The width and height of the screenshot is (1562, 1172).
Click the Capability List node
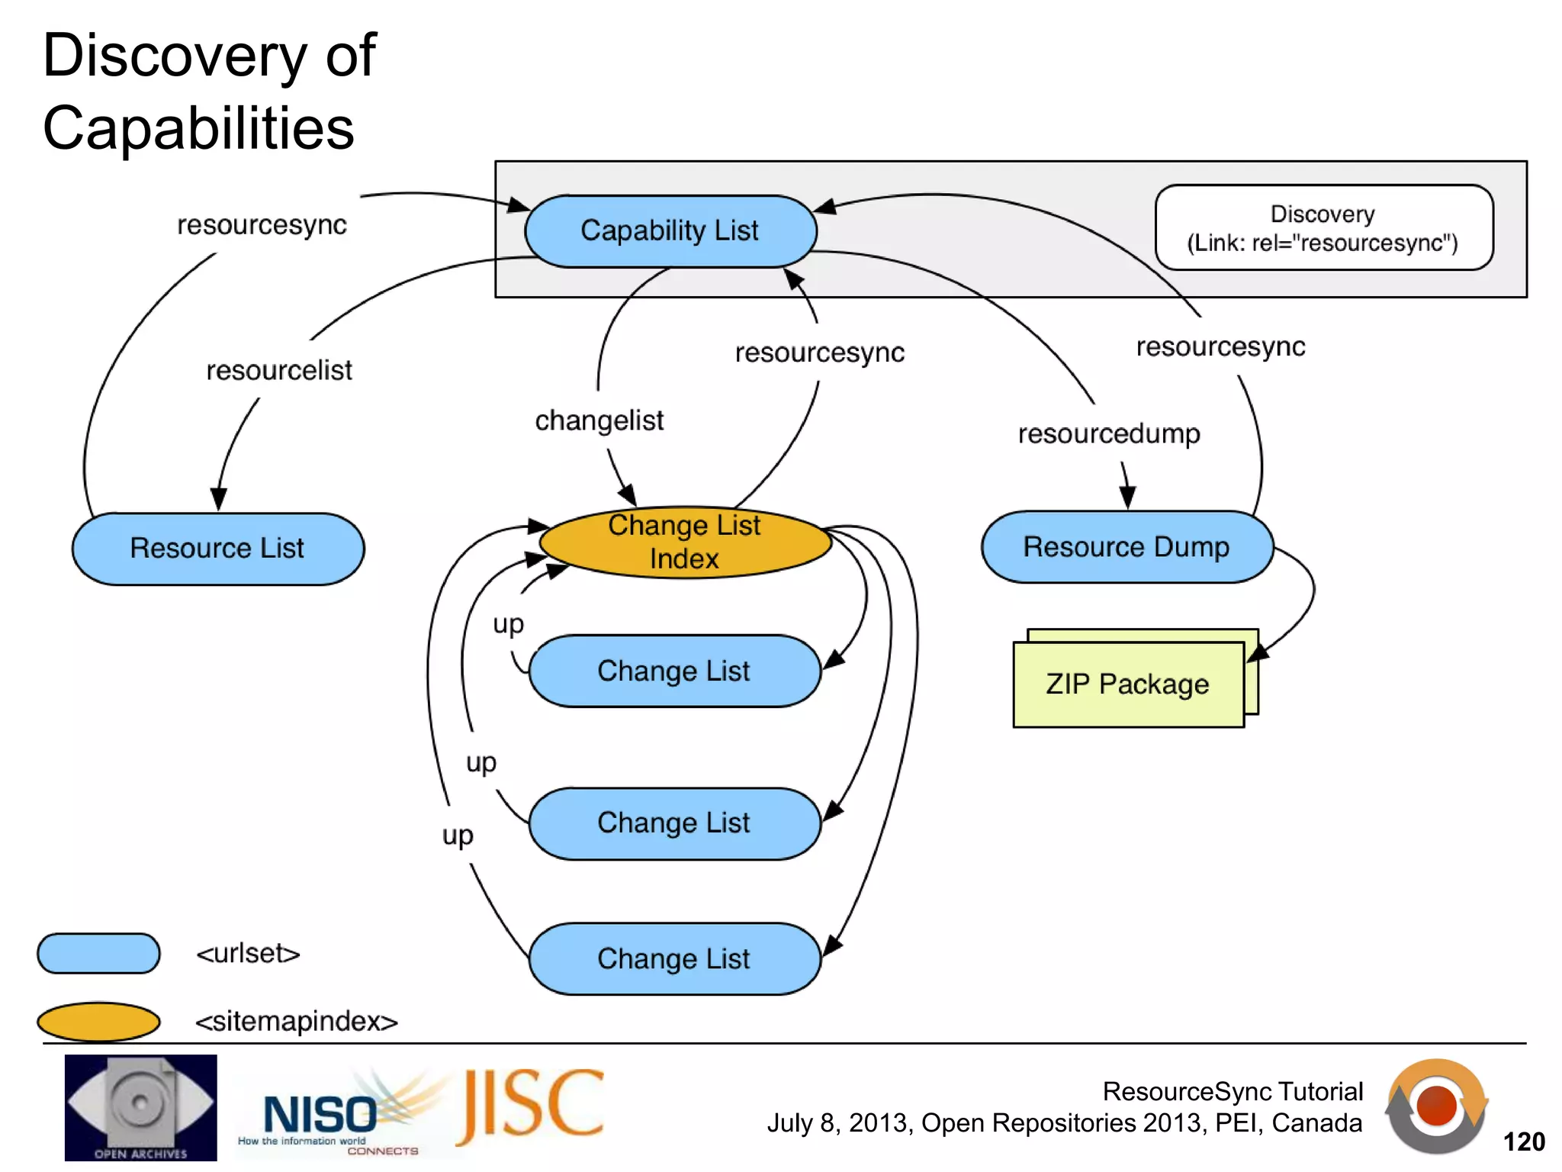click(670, 230)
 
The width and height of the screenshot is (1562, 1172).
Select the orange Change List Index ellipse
click(684, 543)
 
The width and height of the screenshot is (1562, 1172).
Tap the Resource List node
click(217, 548)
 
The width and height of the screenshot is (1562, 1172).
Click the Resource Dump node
click(1126, 547)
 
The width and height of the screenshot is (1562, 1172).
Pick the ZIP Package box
click(1127, 684)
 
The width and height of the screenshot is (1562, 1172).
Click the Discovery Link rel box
click(1323, 227)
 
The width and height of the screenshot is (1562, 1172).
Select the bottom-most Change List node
click(673, 958)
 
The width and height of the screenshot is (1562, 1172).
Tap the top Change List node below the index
click(673, 671)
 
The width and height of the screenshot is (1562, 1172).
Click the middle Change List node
click(673, 823)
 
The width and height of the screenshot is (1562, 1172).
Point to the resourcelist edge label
click(279, 370)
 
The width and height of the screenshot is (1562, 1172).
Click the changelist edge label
click(599, 420)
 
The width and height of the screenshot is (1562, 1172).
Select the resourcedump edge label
click(1109, 433)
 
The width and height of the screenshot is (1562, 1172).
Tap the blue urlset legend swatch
click(98, 953)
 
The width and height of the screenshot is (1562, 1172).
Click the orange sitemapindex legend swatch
click(98, 1021)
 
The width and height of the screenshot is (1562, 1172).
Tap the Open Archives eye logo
click(140, 1106)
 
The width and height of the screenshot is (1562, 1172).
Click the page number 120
click(1523, 1141)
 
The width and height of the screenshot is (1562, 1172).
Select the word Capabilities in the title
click(198, 127)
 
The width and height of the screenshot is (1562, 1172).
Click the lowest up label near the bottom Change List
click(458, 835)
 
